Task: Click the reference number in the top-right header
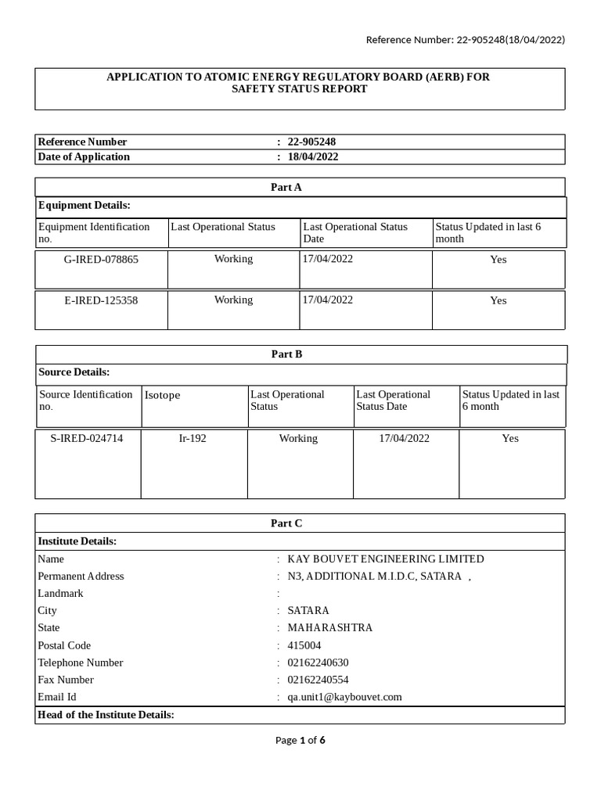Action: [x=466, y=40]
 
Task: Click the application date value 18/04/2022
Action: [x=313, y=156]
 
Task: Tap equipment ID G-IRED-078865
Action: [x=101, y=259]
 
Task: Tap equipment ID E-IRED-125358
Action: [x=101, y=300]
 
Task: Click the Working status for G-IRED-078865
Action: [x=233, y=259]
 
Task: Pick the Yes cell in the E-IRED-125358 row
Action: [x=498, y=300]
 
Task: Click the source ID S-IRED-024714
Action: [x=87, y=438]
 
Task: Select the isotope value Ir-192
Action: [x=193, y=438]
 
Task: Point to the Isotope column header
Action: [x=163, y=395]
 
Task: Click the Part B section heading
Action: [x=286, y=354]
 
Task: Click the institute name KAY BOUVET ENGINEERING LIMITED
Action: [x=386, y=559]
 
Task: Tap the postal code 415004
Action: [x=304, y=645]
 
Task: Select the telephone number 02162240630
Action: [x=318, y=663]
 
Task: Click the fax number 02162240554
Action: [x=318, y=680]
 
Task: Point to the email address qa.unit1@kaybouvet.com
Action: [x=344, y=697]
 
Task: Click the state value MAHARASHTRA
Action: [x=329, y=627]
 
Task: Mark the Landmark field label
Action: [x=60, y=593]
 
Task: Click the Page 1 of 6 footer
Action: [x=300, y=740]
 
